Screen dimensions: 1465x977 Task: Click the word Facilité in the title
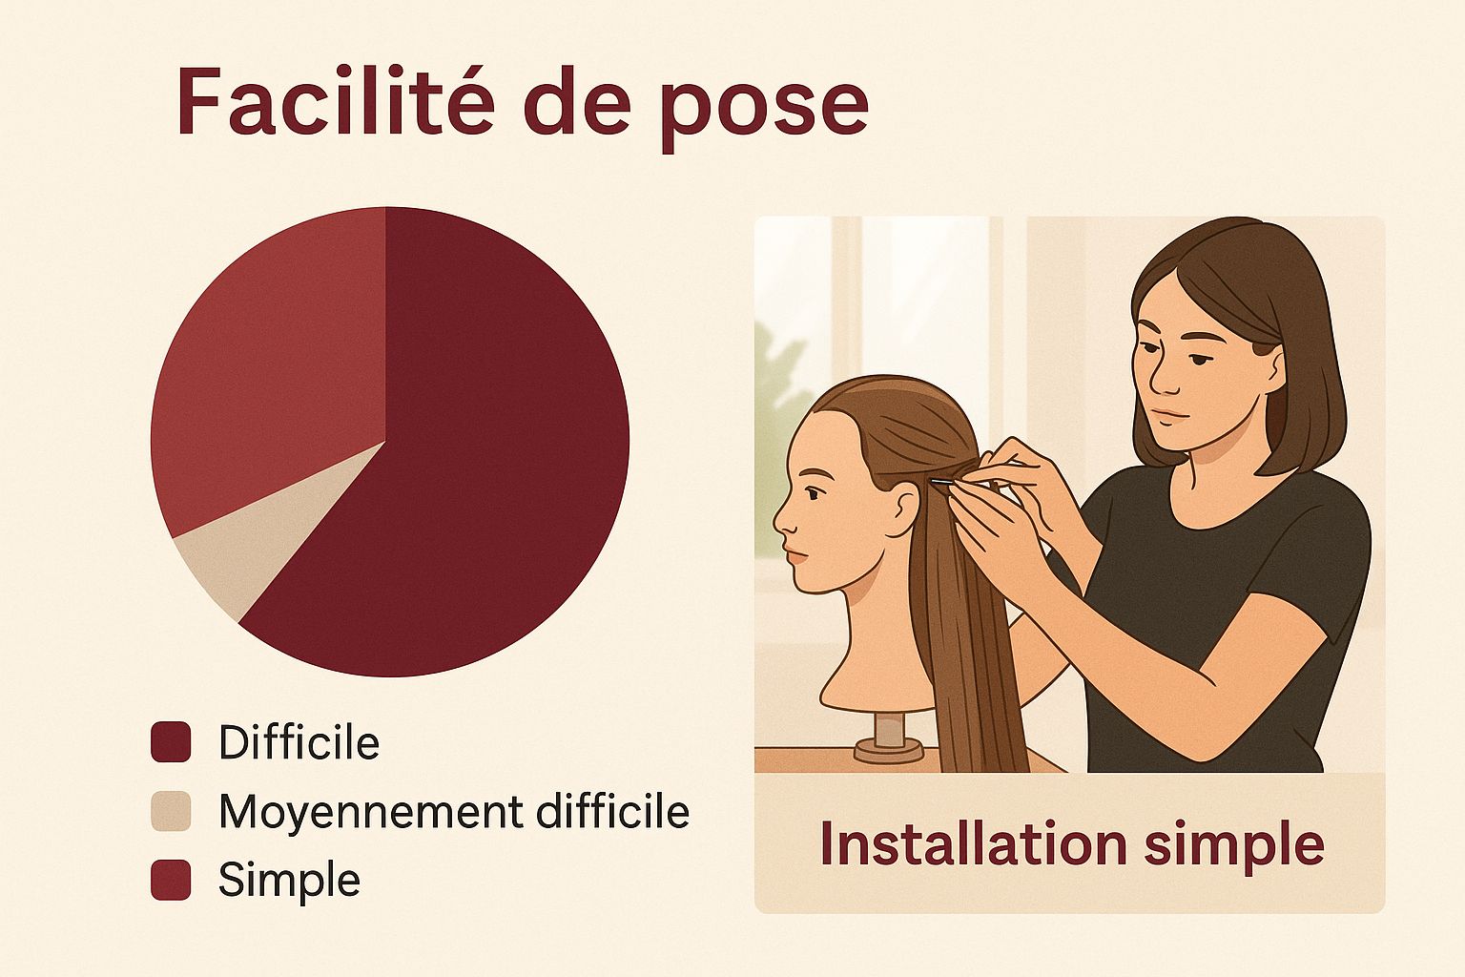(335, 101)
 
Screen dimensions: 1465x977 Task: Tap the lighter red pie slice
(275, 353)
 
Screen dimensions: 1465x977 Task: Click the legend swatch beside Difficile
(171, 742)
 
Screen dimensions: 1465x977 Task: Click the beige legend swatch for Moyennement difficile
(171, 811)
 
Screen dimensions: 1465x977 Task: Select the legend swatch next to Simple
(171, 880)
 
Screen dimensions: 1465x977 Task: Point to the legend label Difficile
(299, 742)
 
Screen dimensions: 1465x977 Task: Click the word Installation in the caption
(973, 843)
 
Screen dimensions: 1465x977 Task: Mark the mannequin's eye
(813, 492)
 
